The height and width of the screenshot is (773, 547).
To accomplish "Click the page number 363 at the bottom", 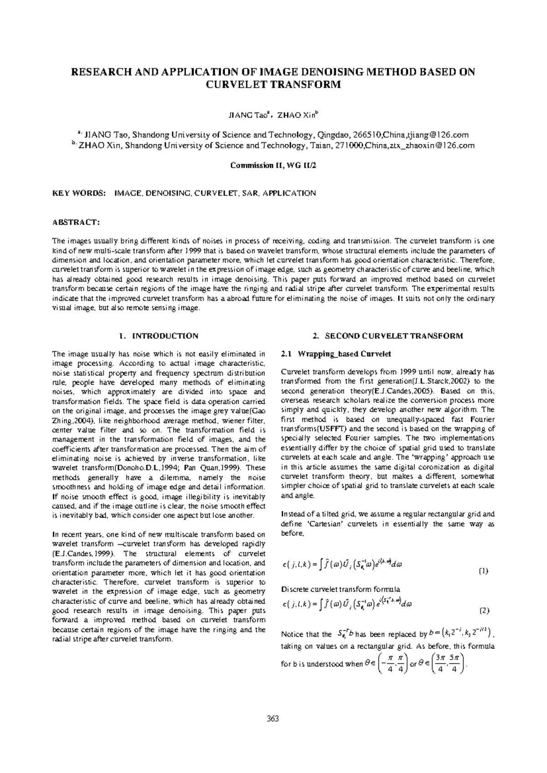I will click(x=273, y=719).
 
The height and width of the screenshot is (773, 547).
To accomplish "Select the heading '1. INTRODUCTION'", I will click(x=158, y=336).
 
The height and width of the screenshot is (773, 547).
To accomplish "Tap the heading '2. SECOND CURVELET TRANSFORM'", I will click(x=388, y=336).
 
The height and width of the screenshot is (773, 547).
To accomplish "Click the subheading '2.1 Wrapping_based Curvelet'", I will click(x=336, y=354).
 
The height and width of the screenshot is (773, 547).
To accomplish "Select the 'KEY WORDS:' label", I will click(x=79, y=193).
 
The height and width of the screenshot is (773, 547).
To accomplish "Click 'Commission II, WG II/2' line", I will click(x=273, y=165).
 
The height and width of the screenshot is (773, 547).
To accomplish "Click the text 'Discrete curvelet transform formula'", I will click(x=340, y=589).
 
